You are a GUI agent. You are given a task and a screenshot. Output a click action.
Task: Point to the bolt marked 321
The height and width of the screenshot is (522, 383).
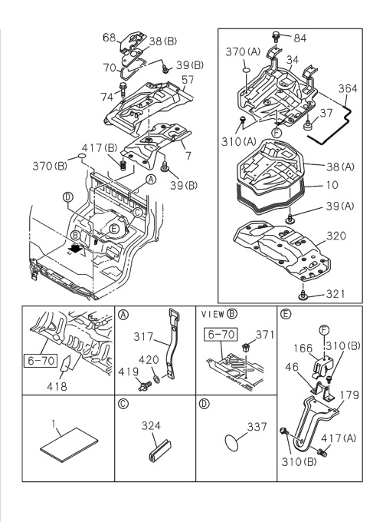(x=304, y=294)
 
